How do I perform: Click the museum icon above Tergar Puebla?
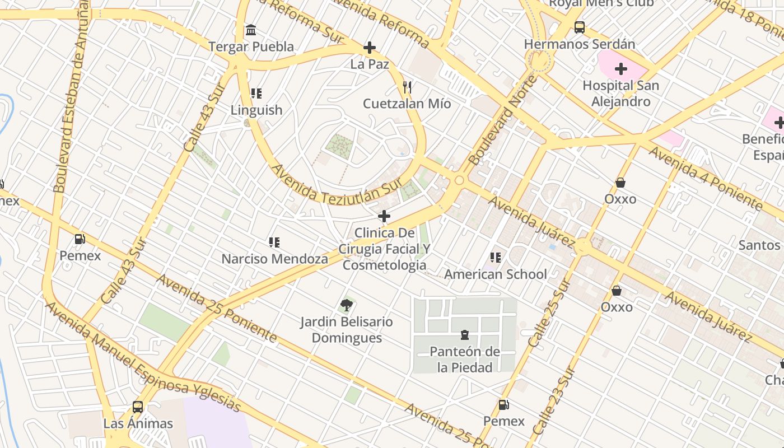click(251, 29)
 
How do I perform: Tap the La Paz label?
click(370, 64)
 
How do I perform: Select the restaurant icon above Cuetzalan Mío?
click(407, 87)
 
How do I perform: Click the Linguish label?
click(256, 110)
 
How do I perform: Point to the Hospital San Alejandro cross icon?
click(620, 69)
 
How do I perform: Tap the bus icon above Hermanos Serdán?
click(580, 27)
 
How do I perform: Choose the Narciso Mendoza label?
click(274, 259)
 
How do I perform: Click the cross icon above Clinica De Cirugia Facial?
click(384, 216)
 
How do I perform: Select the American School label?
click(495, 274)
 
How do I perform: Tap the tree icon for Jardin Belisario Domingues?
click(347, 305)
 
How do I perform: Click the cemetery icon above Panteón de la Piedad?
click(464, 335)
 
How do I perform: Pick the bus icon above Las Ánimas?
click(138, 407)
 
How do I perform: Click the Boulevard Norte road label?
click(502, 120)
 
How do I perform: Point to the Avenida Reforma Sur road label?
click(302, 20)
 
